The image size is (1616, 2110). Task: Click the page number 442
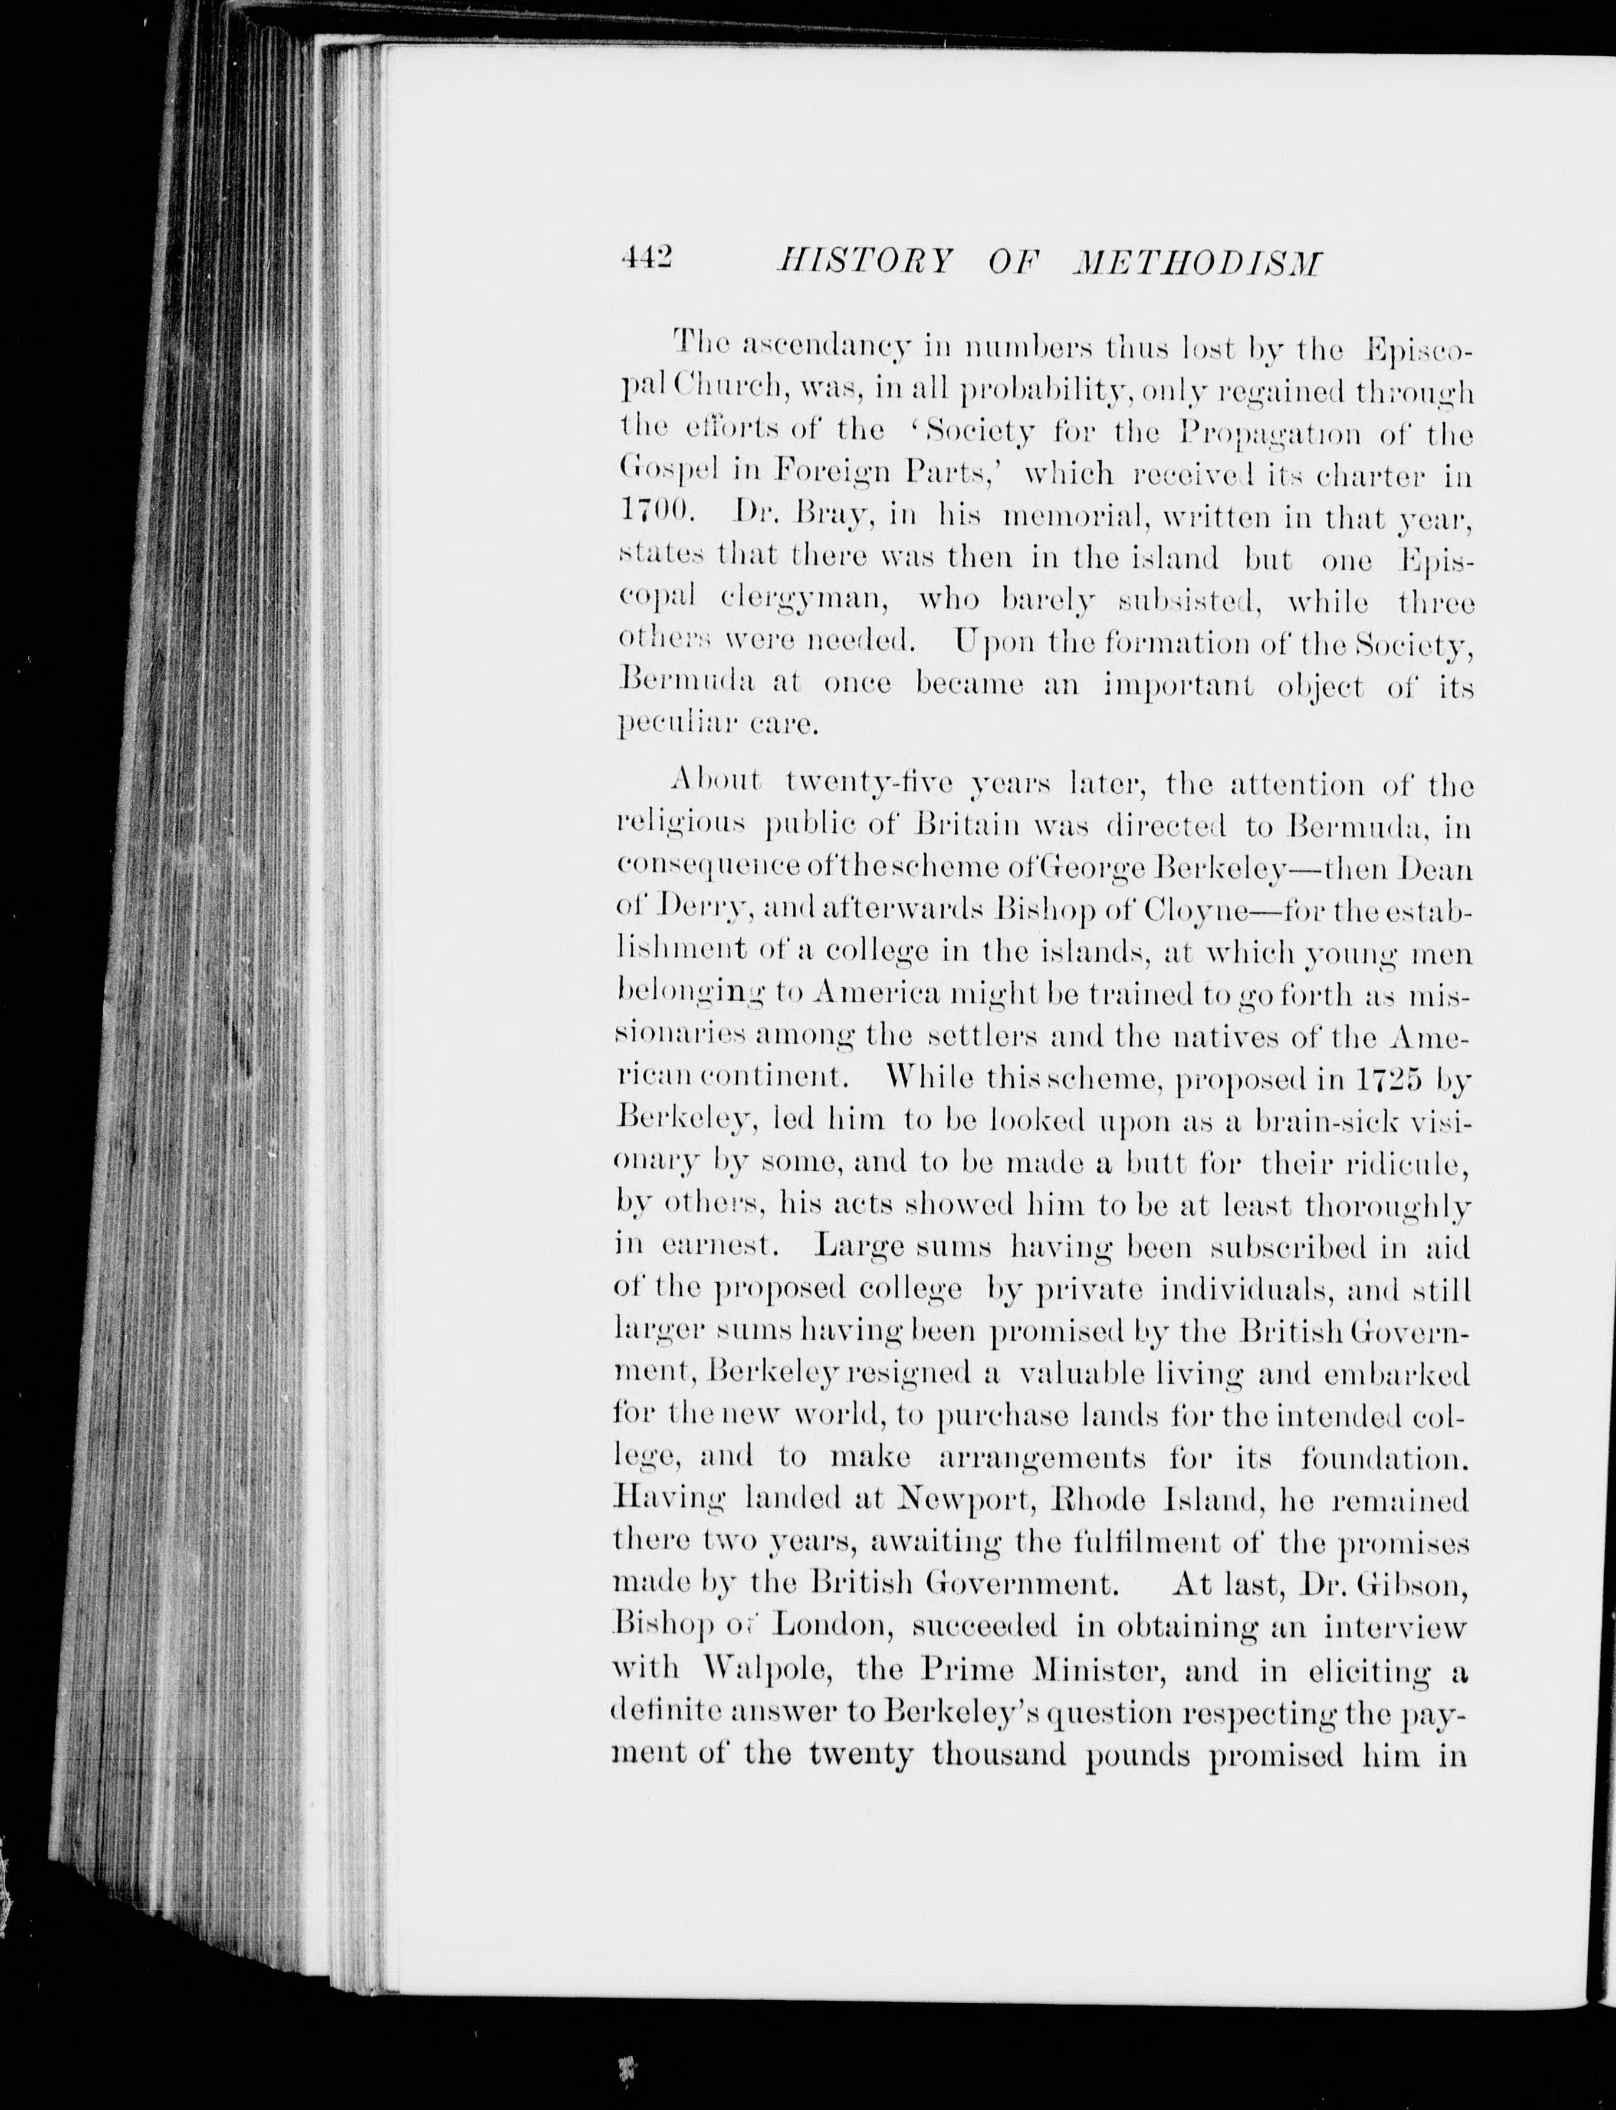646,260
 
